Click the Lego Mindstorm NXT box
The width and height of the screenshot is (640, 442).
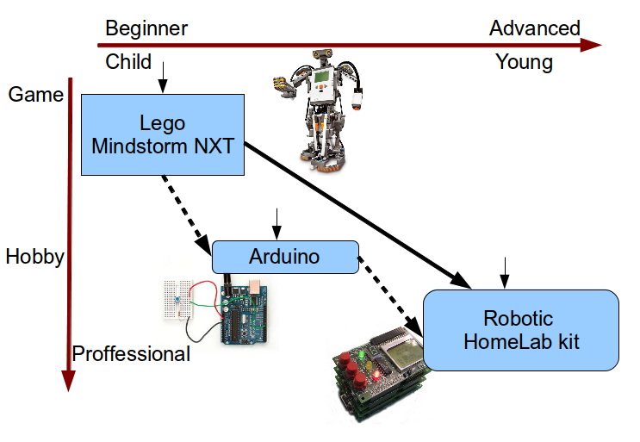point(163,135)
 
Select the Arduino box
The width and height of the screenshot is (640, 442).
point(284,256)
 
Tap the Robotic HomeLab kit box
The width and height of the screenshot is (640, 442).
point(521,330)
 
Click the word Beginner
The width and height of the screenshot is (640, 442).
point(146,28)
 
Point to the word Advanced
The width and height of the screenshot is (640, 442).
point(535,28)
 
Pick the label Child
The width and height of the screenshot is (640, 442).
point(128,62)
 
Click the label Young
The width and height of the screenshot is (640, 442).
point(524,62)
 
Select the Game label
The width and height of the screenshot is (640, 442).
point(35,94)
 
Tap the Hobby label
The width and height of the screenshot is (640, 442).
point(35,257)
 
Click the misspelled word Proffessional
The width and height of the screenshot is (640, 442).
point(131,354)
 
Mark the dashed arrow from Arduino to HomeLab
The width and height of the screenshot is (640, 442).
point(390,292)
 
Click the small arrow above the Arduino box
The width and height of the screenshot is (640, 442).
point(275,221)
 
